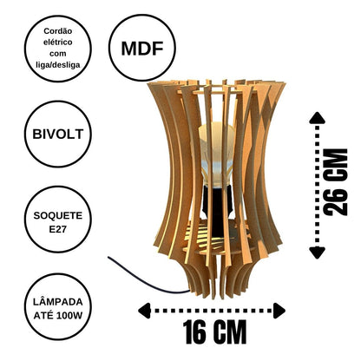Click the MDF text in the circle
click(x=142, y=49)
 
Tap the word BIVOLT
click(x=58, y=135)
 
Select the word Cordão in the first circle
click(x=58, y=31)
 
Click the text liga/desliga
click(x=58, y=65)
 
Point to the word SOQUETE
click(x=58, y=215)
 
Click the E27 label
click(x=58, y=229)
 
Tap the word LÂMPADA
click(x=58, y=302)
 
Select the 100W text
click(x=69, y=315)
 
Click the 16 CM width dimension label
click(x=214, y=331)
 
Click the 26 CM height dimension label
click(x=335, y=182)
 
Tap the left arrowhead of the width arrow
click(x=144, y=311)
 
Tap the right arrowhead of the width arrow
click(x=279, y=311)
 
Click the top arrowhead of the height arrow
click(x=318, y=118)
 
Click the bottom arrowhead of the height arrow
click(x=318, y=253)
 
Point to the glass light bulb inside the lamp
click(x=216, y=154)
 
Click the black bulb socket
click(x=217, y=208)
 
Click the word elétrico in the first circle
click(x=58, y=43)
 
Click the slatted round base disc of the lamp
click(x=217, y=237)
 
